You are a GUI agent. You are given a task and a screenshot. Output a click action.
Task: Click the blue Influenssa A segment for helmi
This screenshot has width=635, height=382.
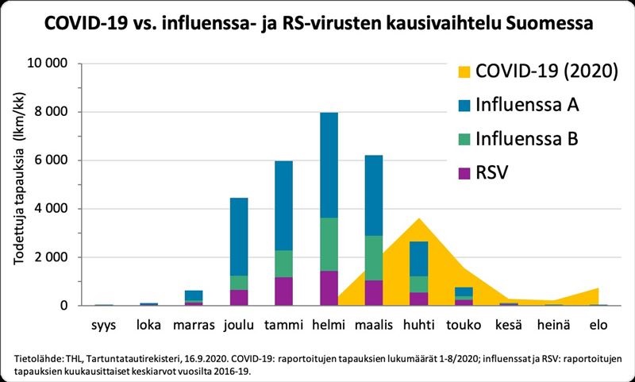[x=328, y=164]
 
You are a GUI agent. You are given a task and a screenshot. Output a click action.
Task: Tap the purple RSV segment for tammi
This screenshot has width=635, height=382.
[x=283, y=291]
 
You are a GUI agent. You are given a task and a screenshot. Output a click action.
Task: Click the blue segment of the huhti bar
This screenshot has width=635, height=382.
[x=418, y=259]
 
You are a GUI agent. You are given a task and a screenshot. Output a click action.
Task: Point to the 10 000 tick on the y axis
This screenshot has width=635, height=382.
[x=47, y=64]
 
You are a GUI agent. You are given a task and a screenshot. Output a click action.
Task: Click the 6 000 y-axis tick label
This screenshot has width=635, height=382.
[x=52, y=160]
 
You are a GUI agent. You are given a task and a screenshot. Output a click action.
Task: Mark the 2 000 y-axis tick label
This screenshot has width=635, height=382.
[x=52, y=257]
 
